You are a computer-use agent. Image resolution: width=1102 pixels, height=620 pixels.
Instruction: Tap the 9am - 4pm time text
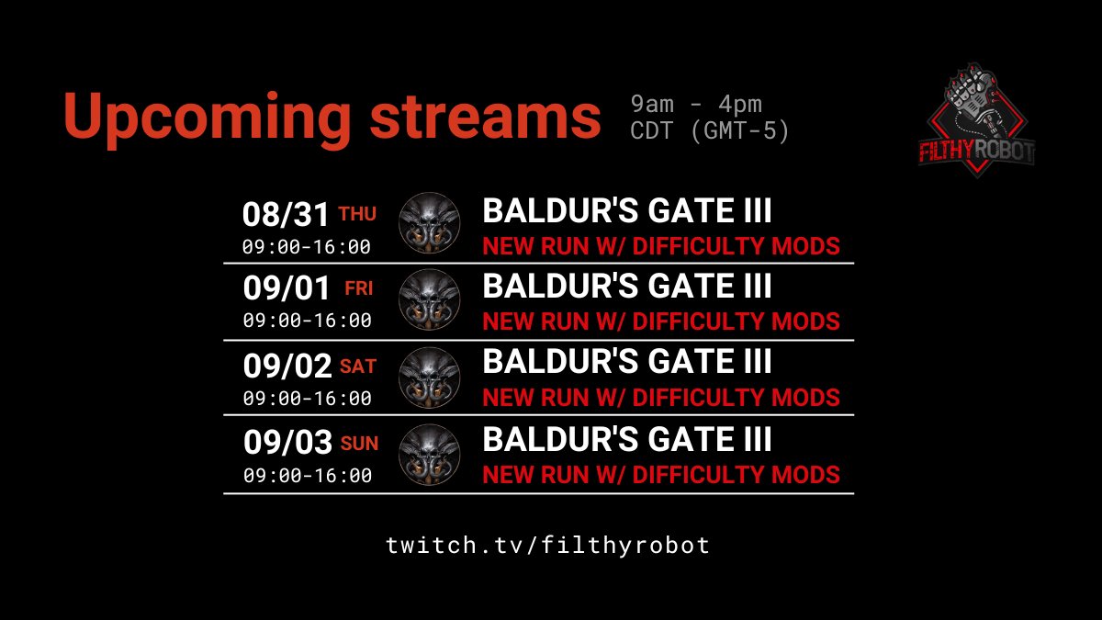click(x=696, y=105)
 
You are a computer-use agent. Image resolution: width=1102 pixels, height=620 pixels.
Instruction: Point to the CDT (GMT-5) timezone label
click(x=710, y=132)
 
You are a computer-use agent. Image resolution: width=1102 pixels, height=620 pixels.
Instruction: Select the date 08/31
click(x=286, y=215)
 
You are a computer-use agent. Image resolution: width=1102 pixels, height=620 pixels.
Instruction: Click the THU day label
click(x=357, y=214)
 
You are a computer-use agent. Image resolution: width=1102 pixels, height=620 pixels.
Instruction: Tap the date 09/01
click(x=287, y=289)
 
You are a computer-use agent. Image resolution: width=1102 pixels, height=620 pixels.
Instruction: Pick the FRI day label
click(x=358, y=288)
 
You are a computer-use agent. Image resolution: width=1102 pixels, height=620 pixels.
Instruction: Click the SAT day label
click(x=358, y=366)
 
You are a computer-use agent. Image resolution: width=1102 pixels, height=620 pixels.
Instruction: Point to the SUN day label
click(x=359, y=444)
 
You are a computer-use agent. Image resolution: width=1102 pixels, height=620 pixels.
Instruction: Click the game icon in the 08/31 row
click(x=430, y=223)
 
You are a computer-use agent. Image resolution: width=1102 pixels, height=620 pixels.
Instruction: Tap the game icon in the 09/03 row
click(x=430, y=455)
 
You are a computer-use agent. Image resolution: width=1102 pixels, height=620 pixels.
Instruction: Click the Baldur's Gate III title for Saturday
click(x=627, y=362)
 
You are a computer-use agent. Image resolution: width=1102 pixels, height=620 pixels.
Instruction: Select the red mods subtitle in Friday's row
click(x=660, y=321)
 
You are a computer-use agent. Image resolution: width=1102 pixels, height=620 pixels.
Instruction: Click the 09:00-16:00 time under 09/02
click(x=307, y=399)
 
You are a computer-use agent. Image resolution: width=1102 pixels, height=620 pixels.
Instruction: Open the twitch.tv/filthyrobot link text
click(x=548, y=545)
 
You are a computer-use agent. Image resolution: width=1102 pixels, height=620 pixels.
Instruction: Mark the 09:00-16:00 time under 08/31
click(x=307, y=246)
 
